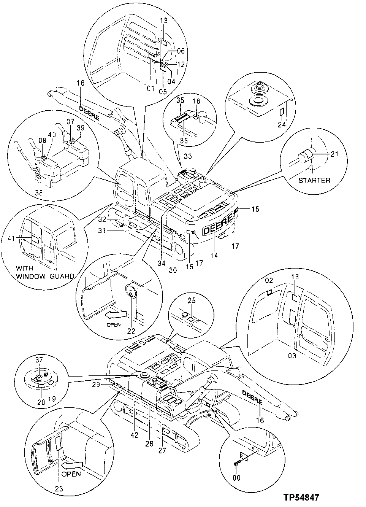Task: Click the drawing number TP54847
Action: coord(301,497)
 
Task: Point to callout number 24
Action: coord(282,124)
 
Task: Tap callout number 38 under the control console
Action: coord(39,193)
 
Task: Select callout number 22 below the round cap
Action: coord(131,331)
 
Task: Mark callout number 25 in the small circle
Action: coord(192,301)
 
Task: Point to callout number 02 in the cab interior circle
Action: coord(269,280)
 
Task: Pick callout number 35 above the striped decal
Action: coord(180,100)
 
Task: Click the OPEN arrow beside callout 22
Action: coord(116,314)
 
